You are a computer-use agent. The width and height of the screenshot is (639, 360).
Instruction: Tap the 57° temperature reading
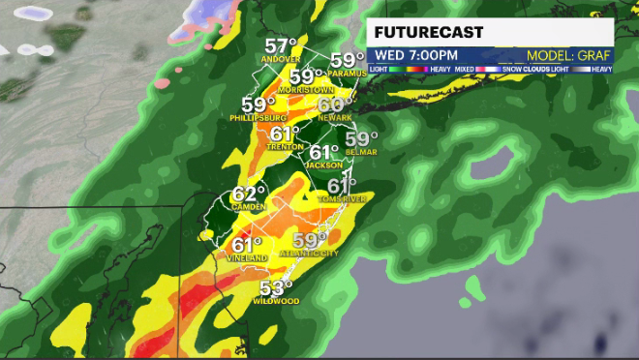pyautogui.click(x=281, y=45)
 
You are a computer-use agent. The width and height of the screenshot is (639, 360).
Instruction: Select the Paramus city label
pyautogui.click(x=345, y=73)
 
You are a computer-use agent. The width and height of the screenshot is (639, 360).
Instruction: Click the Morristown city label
pyautogui.click(x=306, y=89)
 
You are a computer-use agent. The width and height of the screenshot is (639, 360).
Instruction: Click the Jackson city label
pyautogui.click(x=324, y=165)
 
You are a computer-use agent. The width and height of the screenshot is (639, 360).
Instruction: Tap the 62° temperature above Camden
pyautogui.click(x=248, y=195)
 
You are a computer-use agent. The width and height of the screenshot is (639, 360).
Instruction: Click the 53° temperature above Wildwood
pyautogui.click(x=277, y=287)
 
